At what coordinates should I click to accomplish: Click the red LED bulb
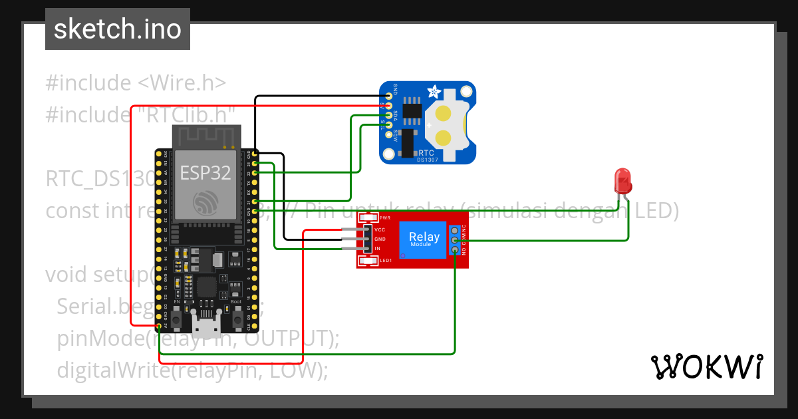[x=623, y=180]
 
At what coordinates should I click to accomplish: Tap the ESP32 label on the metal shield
[x=205, y=173]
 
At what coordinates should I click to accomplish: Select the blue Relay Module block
[x=424, y=239]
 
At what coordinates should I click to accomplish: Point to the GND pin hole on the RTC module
[x=389, y=96]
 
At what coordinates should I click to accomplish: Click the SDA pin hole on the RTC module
[x=389, y=115]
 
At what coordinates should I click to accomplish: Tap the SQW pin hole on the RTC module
[x=389, y=134]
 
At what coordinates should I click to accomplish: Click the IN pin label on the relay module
[x=377, y=249]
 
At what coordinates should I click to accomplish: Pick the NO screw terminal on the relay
[x=455, y=249]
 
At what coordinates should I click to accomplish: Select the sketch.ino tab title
[x=118, y=29]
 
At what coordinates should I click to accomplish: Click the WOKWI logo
[x=706, y=366]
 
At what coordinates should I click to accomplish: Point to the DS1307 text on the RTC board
[x=426, y=159]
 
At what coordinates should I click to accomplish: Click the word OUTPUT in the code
[x=286, y=338]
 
